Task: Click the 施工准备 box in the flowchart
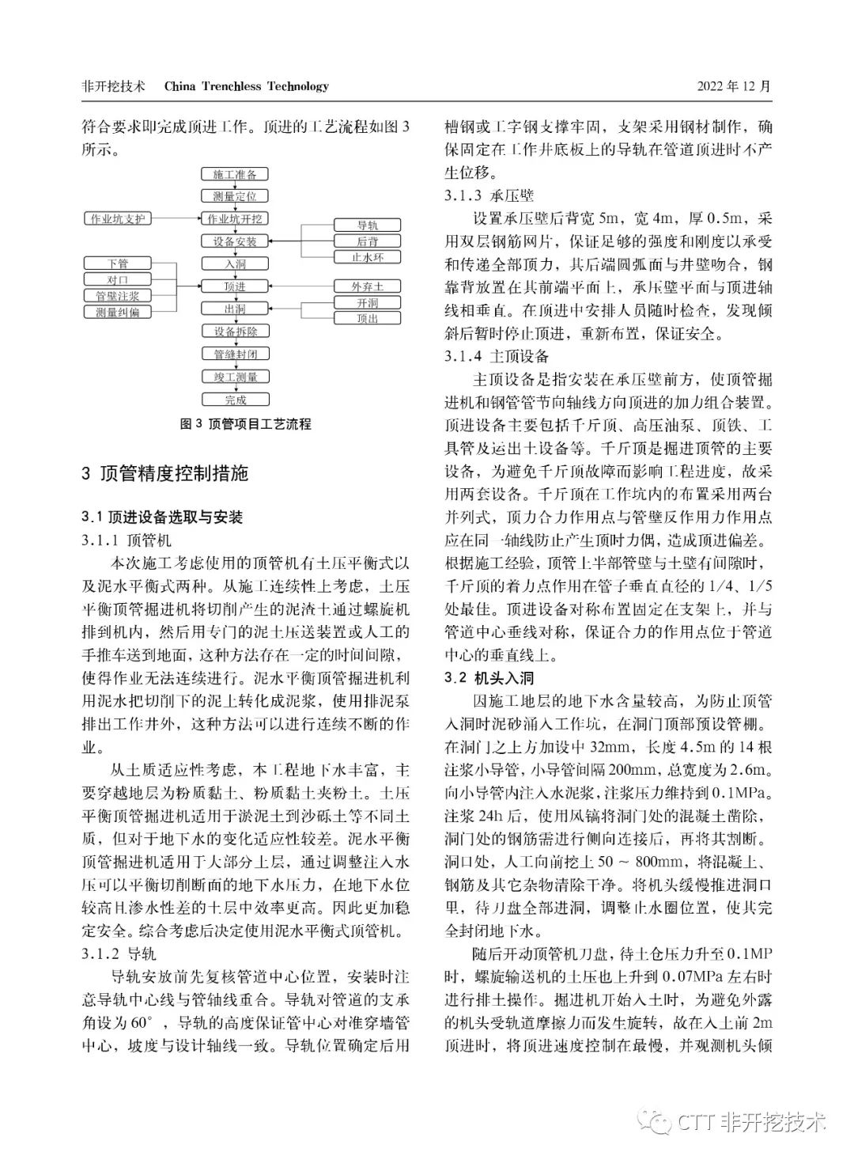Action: tap(235, 174)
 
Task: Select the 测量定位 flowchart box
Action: tap(235, 196)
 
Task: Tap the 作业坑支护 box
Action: tap(118, 218)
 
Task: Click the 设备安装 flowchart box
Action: tap(235, 241)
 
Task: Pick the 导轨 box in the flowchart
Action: tap(368, 226)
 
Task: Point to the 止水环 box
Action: tap(368, 257)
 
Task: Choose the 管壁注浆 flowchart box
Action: tap(118, 296)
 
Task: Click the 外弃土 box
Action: tap(368, 286)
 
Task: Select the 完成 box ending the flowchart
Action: tap(235, 400)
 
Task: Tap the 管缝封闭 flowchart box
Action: tap(235, 354)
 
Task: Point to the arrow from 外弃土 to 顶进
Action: tap(300, 286)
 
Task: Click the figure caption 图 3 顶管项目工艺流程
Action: tap(246, 424)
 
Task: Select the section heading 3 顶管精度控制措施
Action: tap(164, 474)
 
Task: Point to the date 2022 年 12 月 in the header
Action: tap(733, 86)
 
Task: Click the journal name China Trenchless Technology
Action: tap(246, 86)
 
